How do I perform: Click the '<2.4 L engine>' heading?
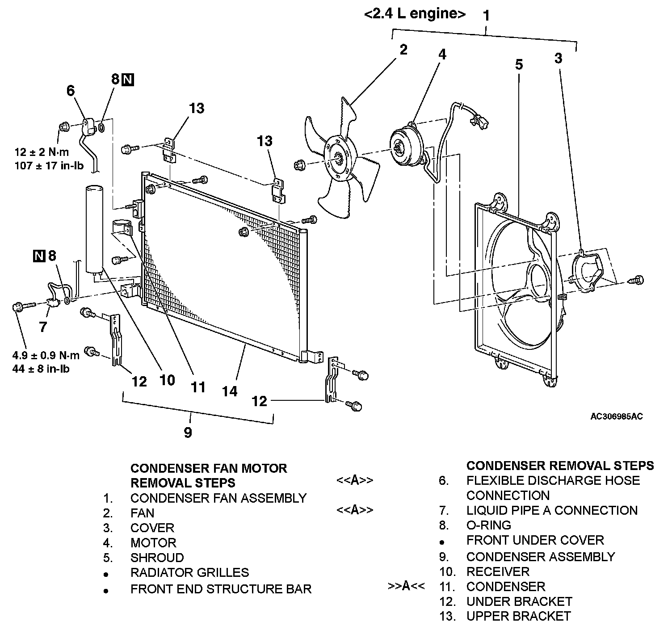coord(415,14)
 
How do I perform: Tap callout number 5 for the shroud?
coord(518,65)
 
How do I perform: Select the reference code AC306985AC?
coord(617,417)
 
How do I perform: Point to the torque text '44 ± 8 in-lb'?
coord(41,369)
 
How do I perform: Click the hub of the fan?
coord(338,158)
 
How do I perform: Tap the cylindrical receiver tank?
coord(93,228)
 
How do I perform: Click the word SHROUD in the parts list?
coord(157,558)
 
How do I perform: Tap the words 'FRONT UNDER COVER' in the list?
coord(535,540)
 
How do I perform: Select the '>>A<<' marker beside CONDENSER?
coord(406,586)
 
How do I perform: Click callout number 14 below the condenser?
coord(230,391)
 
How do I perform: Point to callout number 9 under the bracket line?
coord(188,432)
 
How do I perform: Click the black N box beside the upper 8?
coord(128,80)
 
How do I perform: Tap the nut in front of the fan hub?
coord(299,165)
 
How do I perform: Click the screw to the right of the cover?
coord(638,281)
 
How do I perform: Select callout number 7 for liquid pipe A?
coord(42,327)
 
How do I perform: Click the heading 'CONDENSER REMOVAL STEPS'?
coord(560,466)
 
